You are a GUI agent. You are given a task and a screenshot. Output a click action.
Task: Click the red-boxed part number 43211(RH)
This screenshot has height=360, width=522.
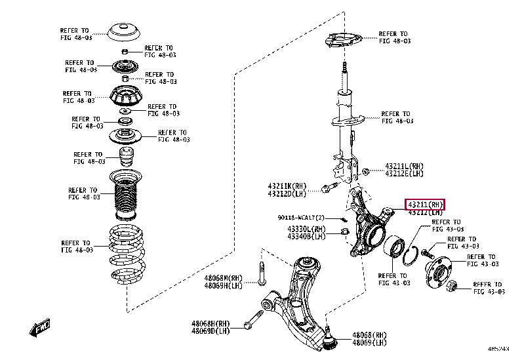pos(424,205)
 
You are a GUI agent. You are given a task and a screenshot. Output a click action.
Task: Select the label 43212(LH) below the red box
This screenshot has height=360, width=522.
pos(425,213)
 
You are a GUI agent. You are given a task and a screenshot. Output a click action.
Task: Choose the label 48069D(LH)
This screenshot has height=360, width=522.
pos(211,331)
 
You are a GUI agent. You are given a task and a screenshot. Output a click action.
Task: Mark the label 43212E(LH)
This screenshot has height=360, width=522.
pos(404,174)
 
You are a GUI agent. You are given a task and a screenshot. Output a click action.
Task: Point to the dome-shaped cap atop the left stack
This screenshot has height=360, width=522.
pos(125,31)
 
